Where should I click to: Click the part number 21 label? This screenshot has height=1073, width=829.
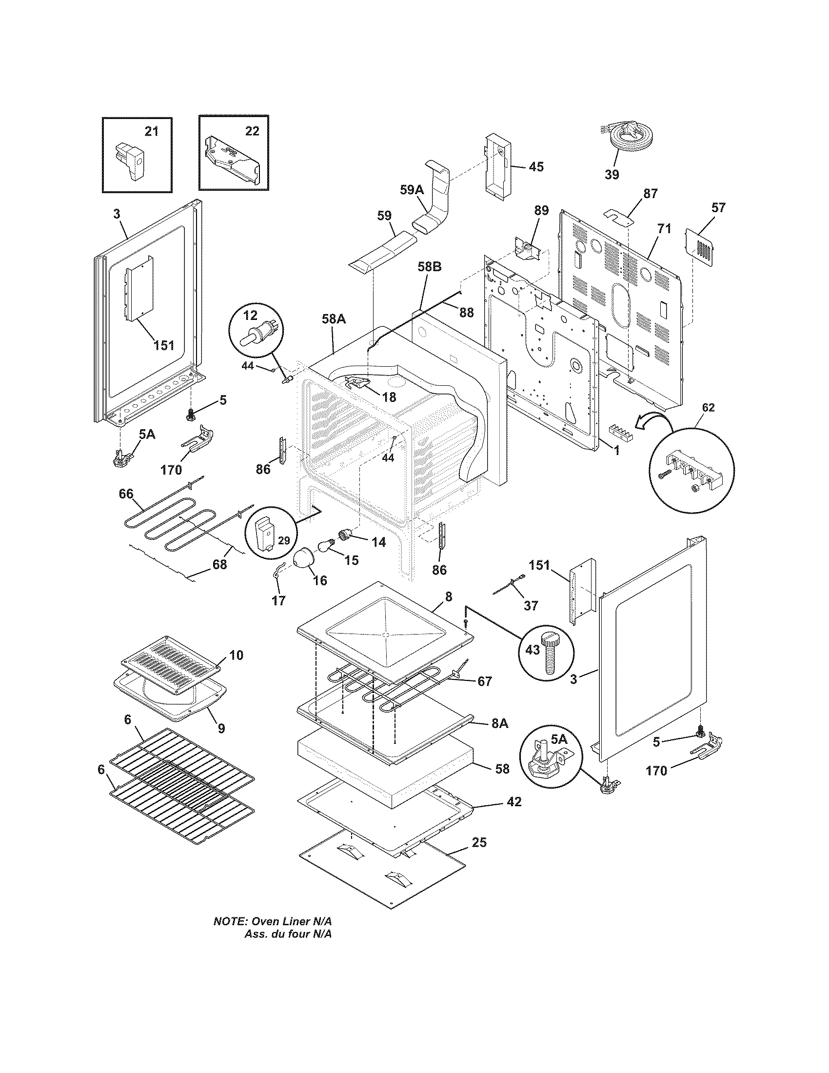pos(152,131)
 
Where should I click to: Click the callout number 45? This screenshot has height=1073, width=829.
pos(536,167)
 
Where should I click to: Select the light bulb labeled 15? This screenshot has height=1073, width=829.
pos(327,545)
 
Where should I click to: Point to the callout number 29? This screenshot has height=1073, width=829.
pos(283,540)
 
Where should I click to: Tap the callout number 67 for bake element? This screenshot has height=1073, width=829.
pos(485,681)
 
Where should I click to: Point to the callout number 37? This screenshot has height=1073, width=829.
pos(531,606)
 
